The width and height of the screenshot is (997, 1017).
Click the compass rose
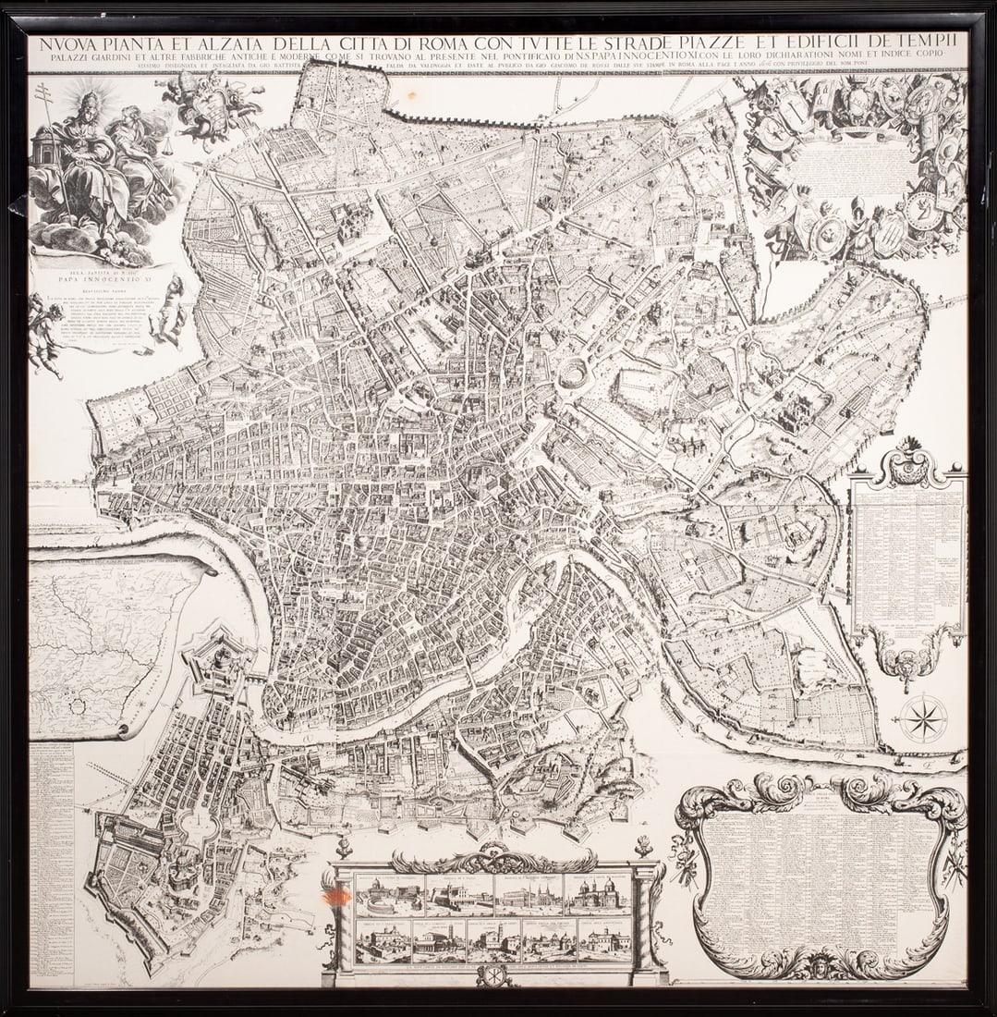pos(923,717)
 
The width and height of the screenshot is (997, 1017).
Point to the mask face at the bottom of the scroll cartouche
pos(821,965)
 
